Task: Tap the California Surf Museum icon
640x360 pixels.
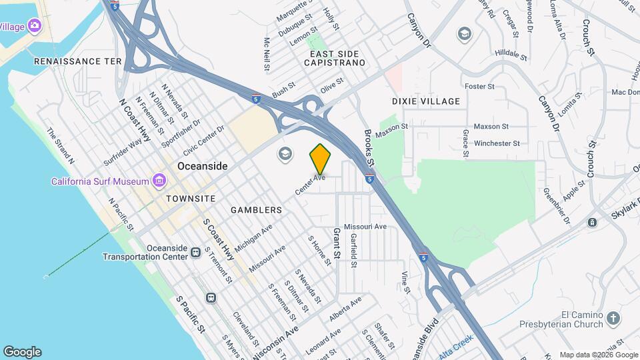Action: coord(159,181)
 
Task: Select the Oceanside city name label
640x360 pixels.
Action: coord(203,166)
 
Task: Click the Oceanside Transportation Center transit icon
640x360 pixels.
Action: coord(195,252)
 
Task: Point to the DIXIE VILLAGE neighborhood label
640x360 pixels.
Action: coord(426,101)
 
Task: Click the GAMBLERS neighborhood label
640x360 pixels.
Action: coord(257,210)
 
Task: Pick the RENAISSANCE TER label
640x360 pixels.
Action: coord(77,61)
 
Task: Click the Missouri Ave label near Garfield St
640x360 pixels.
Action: coord(365,227)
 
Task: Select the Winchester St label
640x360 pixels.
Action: coord(497,143)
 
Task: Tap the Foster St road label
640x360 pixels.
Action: coord(479,87)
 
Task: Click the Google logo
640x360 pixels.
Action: coord(22,351)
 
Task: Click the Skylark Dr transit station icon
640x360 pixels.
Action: coord(592,223)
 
